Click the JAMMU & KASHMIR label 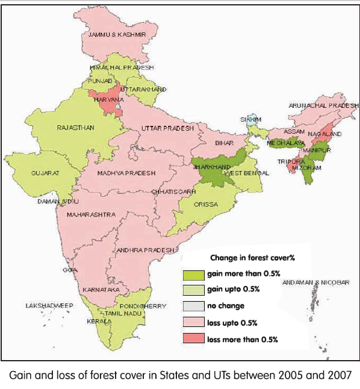click(x=117, y=35)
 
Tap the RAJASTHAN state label click(x=75, y=128)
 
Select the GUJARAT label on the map click(x=45, y=173)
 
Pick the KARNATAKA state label click(x=100, y=290)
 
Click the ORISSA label click(x=206, y=204)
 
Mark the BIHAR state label click(x=225, y=144)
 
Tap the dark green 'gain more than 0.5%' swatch click(x=192, y=275)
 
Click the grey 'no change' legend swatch click(x=192, y=306)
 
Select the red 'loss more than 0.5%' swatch click(x=192, y=339)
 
